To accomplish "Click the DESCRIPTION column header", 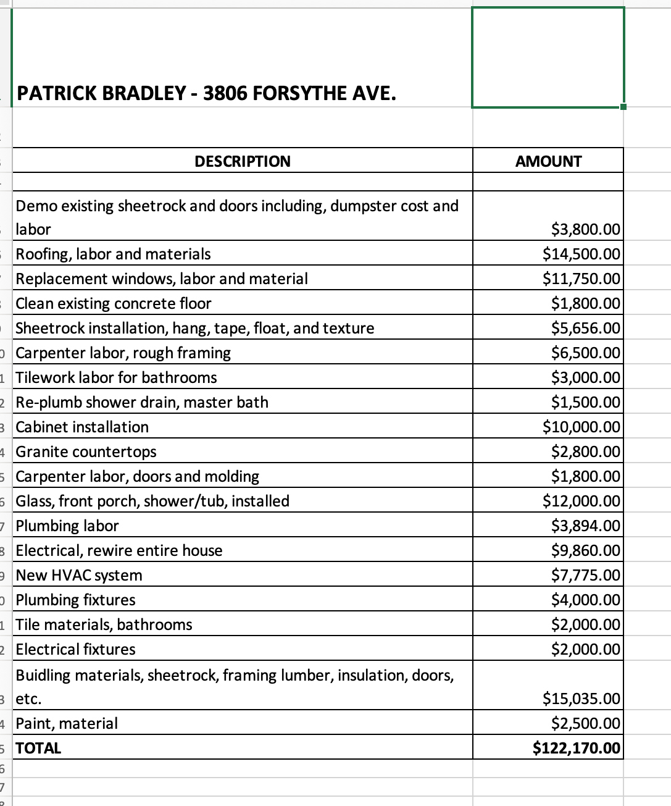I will [x=243, y=161].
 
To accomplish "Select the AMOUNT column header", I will [x=548, y=161].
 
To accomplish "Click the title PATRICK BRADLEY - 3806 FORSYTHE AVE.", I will [x=206, y=93].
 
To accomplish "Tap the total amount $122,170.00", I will [x=577, y=748].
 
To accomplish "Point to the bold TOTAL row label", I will [x=38, y=748].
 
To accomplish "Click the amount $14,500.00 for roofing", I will [x=581, y=254].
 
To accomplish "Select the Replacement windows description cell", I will [x=162, y=279].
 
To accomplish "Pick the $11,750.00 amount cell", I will [x=581, y=279].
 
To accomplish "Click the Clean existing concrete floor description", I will [x=114, y=303].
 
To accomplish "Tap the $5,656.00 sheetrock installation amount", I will [x=586, y=328].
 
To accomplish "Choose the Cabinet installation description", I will [x=82, y=427].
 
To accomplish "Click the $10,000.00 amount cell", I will [x=581, y=427].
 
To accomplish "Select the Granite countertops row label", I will [x=86, y=451].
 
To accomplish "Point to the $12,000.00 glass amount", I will [x=581, y=501].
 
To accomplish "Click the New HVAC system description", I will [x=79, y=575].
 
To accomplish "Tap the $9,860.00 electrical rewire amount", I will [x=586, y=550].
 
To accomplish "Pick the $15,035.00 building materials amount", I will [x=581, y=699].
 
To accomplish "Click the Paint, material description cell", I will [x=67, y=723].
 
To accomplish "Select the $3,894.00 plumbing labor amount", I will [x=586, y=526].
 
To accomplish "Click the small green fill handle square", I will [x=623, y=107].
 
